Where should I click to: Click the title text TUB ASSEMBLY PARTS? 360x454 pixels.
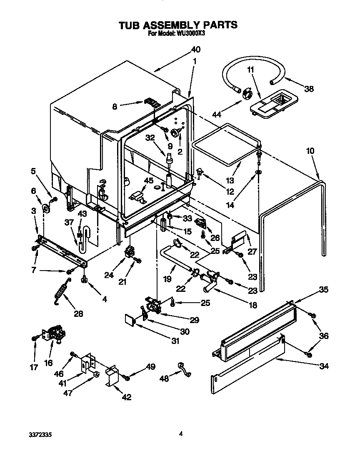pyautogui.click(x=178, y=25)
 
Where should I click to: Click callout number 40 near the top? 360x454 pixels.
pyautogui.click(x=195, y=50)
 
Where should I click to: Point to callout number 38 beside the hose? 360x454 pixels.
pyautogui.click(x=308, y=88)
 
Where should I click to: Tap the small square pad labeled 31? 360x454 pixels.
pyautogui.click(x=130, y=320)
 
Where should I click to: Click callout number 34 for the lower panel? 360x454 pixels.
pyautogui.click(x=324, y=366)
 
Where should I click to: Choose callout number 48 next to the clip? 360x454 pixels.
pyautogui.click(x=165, y=378)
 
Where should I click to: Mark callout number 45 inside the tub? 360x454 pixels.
pyautogui.click(x=149, y=180)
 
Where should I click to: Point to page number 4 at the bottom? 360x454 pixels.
pyautogui.click(x=180, y=434)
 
